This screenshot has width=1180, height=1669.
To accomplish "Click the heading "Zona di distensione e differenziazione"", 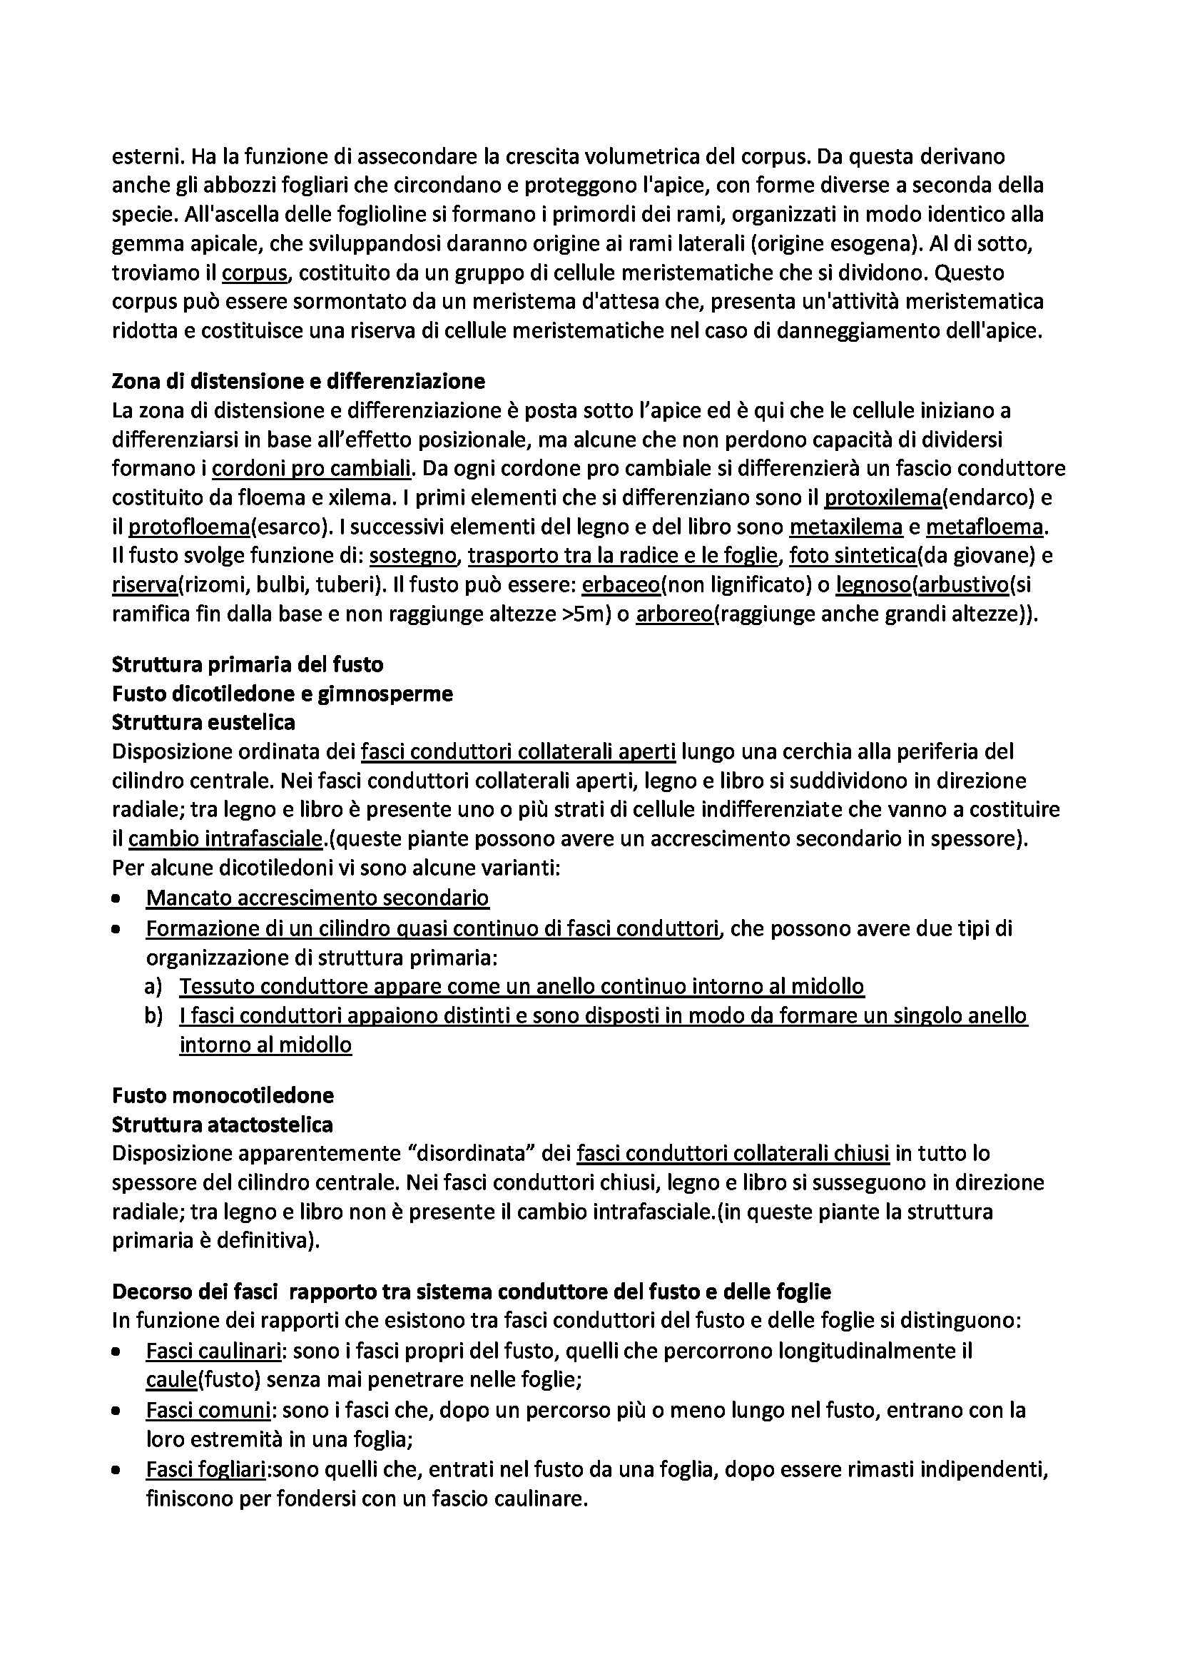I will (299, 381).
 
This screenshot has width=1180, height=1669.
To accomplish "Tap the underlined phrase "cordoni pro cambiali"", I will (312, 469).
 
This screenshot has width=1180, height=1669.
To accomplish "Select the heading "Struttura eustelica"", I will (203, 722).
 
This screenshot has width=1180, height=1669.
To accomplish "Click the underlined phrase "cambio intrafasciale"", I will (225, 839).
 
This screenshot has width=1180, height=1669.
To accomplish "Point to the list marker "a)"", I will (153, 986).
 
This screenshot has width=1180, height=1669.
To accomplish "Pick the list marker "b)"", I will (153, 1015).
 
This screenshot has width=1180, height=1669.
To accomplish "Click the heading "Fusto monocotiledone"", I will (223, 1095).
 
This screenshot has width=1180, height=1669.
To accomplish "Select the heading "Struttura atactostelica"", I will (223, 1125).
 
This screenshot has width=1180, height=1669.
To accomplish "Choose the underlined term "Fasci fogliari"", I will (205, 1470).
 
